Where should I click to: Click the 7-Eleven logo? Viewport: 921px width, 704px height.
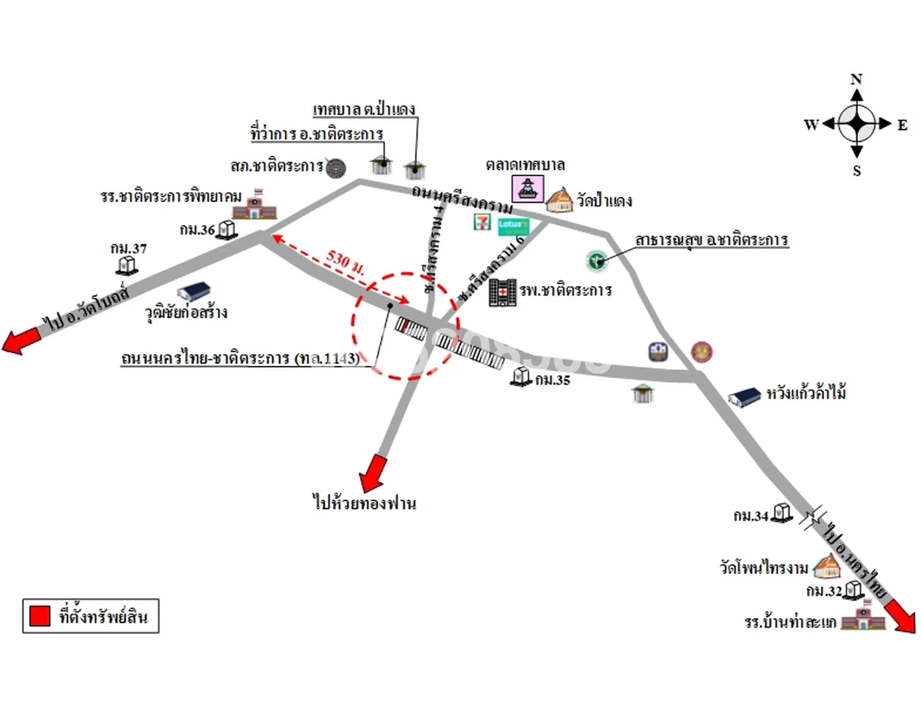click(482, 222)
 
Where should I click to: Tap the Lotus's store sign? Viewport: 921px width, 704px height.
click(513, 226)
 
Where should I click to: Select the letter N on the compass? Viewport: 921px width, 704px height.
click(856, 79)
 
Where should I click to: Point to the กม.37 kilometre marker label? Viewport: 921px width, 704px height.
click(129, 248)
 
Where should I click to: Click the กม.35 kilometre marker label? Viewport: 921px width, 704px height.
click(553, 380)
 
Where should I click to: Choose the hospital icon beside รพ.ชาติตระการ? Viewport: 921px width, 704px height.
click(502, 292)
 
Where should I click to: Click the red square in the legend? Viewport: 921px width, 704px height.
click(40, 616)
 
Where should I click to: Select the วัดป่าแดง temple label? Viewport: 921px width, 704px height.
click(604, 201)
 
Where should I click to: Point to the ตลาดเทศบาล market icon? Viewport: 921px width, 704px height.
click(528, 188)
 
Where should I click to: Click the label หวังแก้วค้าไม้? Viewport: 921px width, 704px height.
click(806, 393)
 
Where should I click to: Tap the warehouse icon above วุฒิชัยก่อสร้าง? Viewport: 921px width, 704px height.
click(193, 291)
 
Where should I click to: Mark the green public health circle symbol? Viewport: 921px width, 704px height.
click(597, 261)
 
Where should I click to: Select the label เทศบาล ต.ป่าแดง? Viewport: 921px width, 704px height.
click(364, 109)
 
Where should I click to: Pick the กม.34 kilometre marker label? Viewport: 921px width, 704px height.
click(751, 516)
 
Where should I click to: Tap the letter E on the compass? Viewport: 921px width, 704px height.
click(902, 125)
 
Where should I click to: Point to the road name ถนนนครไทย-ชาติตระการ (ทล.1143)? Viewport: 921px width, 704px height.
click(241, 358)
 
